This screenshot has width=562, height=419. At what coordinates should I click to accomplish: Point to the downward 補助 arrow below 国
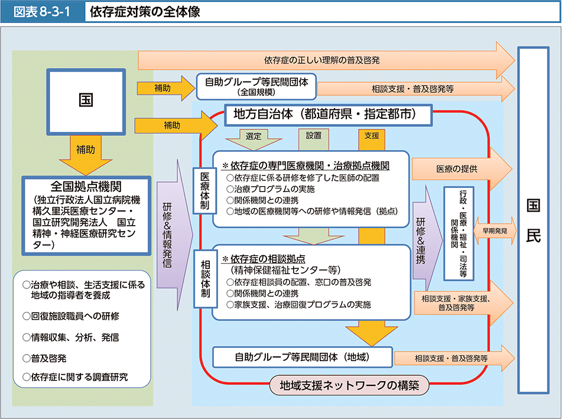coord(86,152)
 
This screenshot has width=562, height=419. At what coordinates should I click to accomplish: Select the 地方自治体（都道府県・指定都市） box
coord(324,114)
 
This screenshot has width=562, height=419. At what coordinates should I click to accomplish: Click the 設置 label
coord(314,135)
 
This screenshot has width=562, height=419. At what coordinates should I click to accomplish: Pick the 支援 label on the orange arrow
coord(372,135)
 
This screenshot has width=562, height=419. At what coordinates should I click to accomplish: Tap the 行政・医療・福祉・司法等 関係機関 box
coord(462,233)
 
